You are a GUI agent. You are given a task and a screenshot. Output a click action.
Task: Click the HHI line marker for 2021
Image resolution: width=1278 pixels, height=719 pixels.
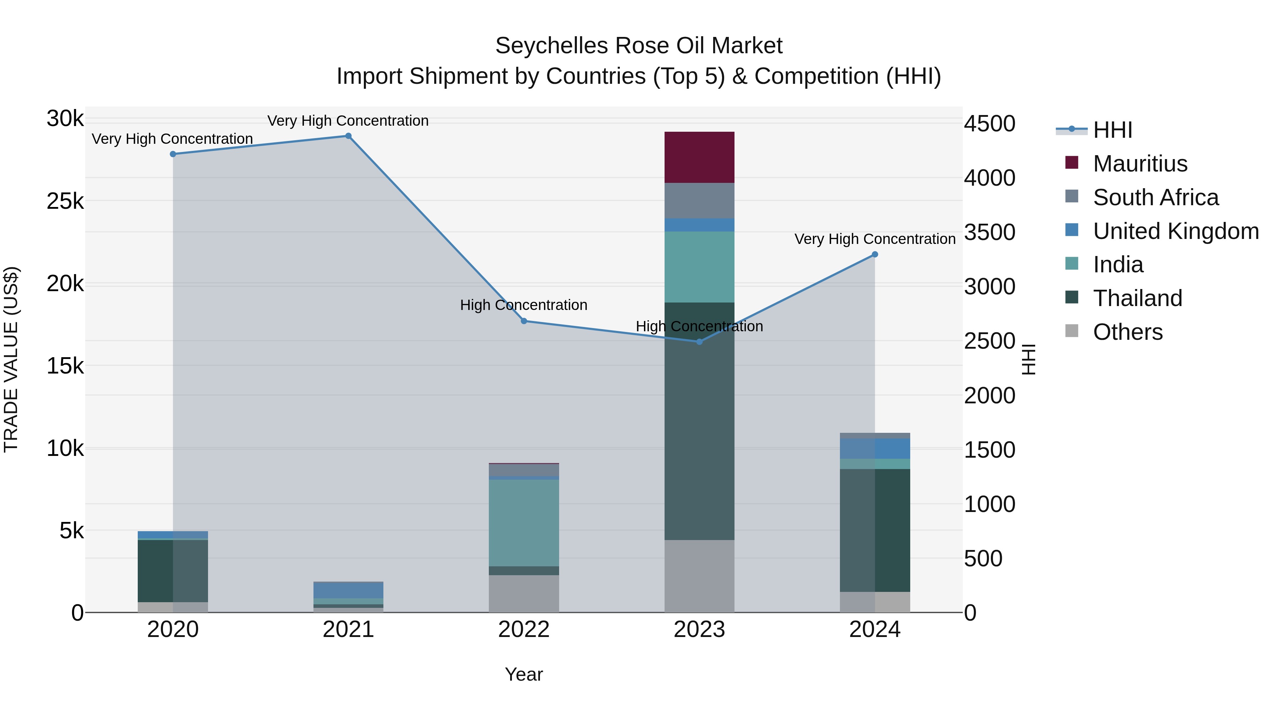coord(348,136)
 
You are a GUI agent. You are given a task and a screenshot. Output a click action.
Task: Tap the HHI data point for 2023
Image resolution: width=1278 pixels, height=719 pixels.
coord(699,341)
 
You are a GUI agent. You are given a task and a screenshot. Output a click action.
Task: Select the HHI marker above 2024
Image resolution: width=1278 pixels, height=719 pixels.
coord(875,255)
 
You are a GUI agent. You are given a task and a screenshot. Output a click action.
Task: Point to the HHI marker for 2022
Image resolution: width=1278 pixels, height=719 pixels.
coord(524,321)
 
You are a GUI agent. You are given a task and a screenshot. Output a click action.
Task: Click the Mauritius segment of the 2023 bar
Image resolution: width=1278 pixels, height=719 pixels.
coord(699,157)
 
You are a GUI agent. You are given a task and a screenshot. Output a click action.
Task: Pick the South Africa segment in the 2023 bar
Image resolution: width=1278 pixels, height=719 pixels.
coord(699,201)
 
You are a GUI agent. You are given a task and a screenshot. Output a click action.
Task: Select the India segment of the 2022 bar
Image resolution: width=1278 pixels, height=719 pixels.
coord(524,523)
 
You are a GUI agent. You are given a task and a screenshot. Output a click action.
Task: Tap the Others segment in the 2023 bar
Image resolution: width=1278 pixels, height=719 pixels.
coord(699,576)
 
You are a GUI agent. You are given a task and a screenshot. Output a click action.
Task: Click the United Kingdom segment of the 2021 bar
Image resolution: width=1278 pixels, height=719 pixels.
coord(348,590)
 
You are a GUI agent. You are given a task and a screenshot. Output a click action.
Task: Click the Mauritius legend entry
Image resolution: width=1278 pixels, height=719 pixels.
coord(1140,164)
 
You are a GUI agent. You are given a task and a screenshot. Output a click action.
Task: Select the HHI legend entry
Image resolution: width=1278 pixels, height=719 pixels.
coord(1112,130)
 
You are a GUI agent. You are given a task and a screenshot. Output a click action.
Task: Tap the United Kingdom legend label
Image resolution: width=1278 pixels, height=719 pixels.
coord(1175,231)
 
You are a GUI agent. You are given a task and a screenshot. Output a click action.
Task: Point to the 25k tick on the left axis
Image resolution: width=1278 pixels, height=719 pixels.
coord(65,201)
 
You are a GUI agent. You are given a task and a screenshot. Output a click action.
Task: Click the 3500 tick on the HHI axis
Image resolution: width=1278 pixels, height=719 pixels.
coord(989,232)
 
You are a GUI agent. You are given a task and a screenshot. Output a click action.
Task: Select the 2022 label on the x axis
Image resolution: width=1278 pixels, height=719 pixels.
coord(524,630)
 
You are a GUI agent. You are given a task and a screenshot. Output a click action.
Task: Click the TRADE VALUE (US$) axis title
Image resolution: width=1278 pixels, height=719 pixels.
coord(11,359)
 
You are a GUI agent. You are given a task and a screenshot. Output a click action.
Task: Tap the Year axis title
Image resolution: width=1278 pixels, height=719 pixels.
coord(524,674)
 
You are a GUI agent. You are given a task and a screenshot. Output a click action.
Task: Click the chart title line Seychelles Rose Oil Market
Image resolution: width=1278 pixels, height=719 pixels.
coord(639,46)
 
